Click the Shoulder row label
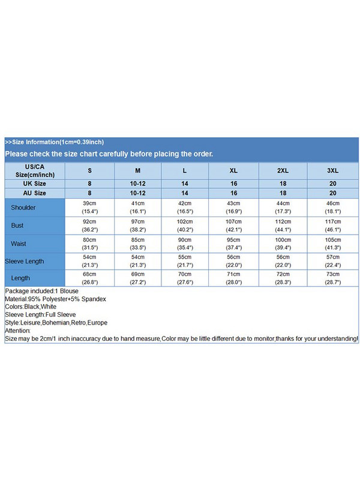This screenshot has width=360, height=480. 23,208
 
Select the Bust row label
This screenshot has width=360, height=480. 17,226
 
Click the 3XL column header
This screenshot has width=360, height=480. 333,170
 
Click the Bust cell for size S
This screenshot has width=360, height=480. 90,226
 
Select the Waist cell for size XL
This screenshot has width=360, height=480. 234,244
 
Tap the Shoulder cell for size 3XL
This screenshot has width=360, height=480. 333,208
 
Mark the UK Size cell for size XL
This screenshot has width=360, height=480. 234,183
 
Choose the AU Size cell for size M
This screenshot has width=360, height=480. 137,193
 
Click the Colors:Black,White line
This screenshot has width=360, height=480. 31,307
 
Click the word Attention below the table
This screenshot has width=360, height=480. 17,331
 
